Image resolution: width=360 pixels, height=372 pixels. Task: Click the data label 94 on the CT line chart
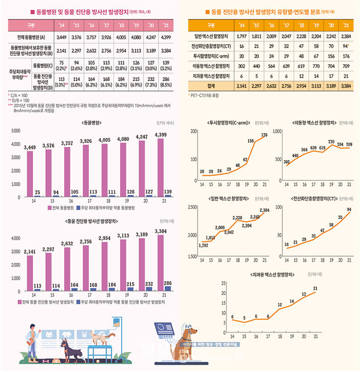click(x=349, y=209)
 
